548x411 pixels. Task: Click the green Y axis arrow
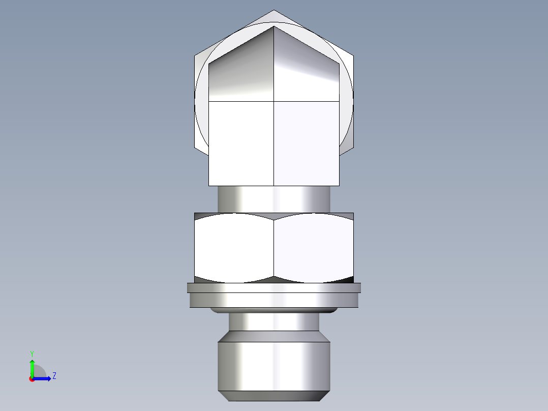coord(32,367)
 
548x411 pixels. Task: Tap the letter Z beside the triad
coord(54,376)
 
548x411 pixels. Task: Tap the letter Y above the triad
coord(32,354)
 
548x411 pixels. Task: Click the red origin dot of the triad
coord(32,379)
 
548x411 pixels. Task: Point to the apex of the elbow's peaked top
coord(274,26)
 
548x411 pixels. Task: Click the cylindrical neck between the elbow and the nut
coord(274,199)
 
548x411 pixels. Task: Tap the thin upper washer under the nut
coord(274,288)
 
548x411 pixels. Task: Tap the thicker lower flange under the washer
coord(274,300)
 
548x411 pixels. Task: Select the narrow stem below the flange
coord(274,321)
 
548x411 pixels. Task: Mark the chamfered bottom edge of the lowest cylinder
coord(274,396)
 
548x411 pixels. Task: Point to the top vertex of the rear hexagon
coord(274,11)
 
